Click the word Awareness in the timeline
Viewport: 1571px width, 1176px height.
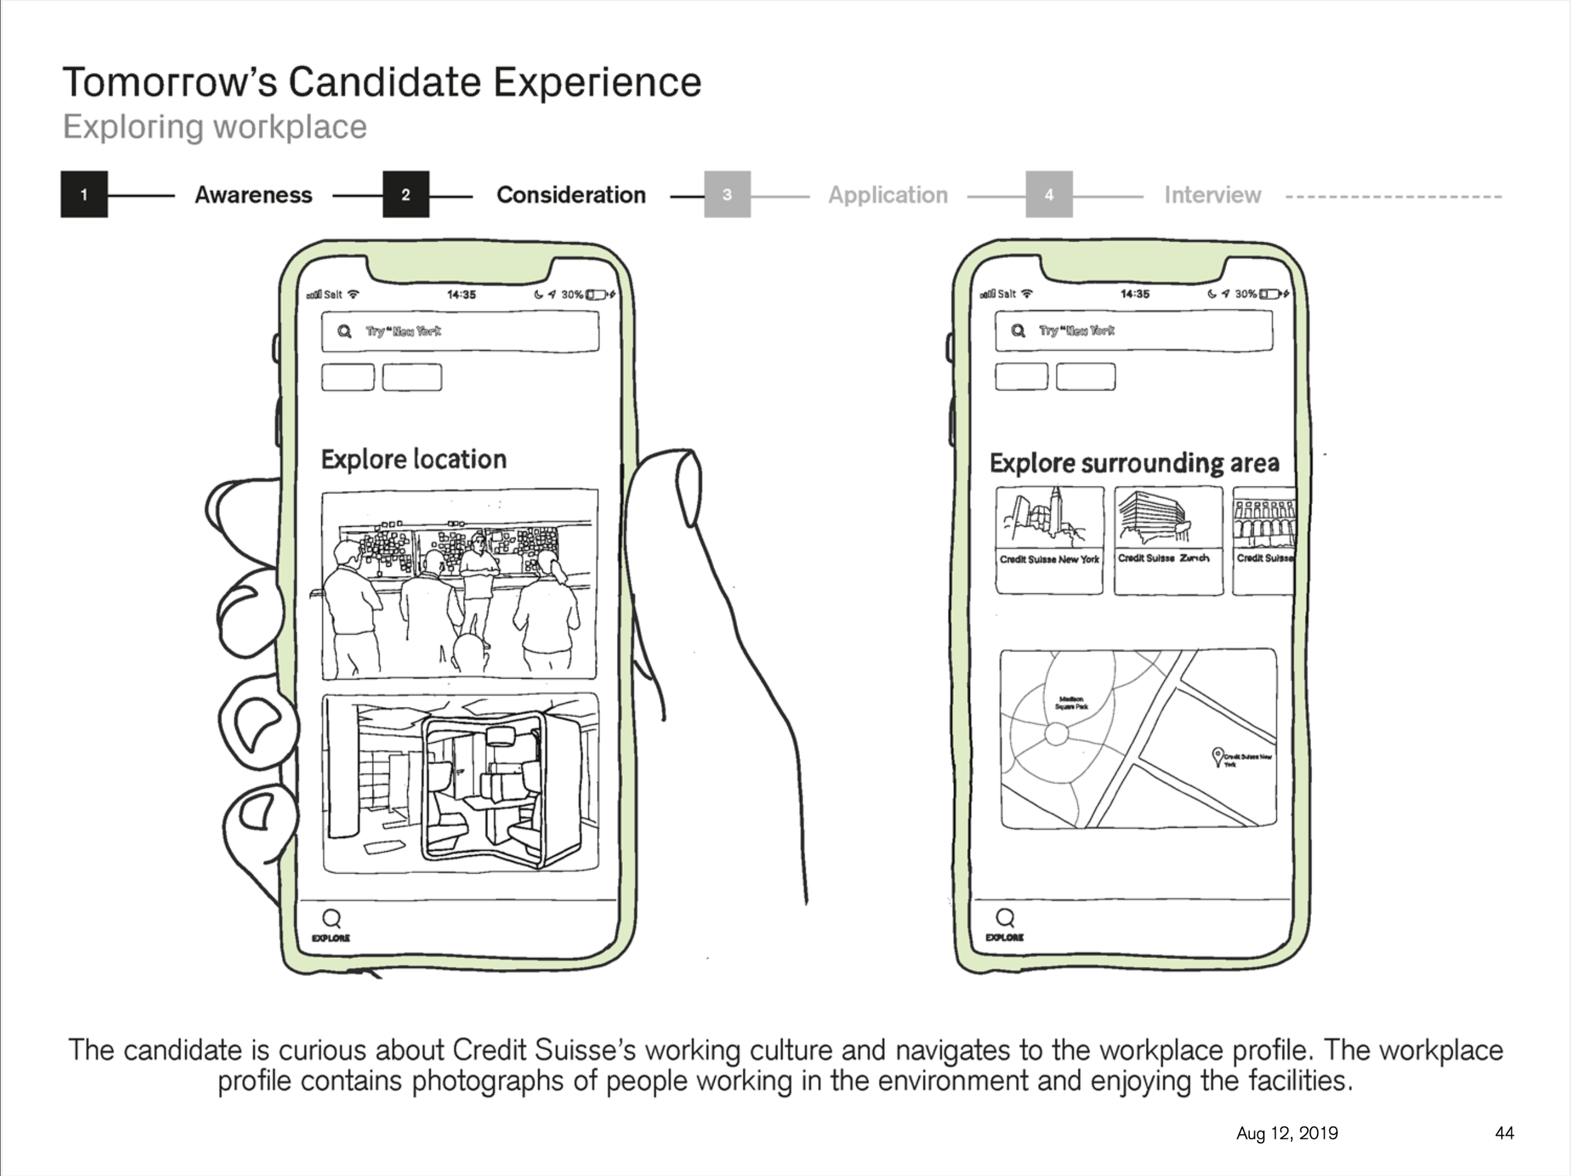tap(253, 196)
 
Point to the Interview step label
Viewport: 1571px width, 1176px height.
tap(1212, 196)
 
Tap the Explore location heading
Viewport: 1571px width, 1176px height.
tap(413, 460)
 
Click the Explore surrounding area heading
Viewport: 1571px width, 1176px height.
tap(1134, 463)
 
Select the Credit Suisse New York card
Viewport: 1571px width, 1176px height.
tap(1049, 541)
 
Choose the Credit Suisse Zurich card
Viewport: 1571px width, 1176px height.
tap(1168, 541)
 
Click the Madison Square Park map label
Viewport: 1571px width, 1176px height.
tap(1071, 702)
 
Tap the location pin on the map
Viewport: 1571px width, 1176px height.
tap(1217, 755)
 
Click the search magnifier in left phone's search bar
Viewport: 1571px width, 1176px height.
tap(344, 332)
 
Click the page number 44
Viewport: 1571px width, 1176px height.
tap(1504, 1133)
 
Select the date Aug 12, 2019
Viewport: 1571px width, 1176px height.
tap(1287, 1133)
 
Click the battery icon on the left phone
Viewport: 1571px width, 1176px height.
tap(595, 295)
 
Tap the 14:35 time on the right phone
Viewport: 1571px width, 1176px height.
tap(1134, 294)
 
